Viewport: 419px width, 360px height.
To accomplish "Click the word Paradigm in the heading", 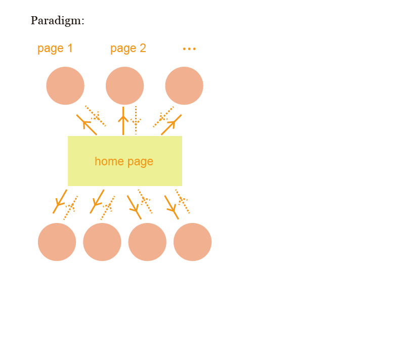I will pos(56,21).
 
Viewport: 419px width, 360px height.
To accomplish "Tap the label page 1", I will pos(55,49).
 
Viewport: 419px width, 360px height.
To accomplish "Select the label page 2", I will pos(128,49).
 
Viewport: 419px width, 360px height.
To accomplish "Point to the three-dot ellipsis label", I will pos(189,49).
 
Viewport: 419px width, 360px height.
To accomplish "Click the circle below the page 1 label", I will pos(65,86).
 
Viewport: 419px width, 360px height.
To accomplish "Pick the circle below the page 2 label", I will pos(124,86).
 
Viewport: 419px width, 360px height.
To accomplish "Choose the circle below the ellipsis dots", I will pos(184,86).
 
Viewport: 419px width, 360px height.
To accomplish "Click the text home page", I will pos(124,162).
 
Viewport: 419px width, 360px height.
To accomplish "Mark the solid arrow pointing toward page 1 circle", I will pos(87,124).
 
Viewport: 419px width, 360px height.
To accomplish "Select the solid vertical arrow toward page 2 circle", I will pos(123,121).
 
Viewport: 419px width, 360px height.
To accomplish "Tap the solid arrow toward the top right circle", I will pos(171,125).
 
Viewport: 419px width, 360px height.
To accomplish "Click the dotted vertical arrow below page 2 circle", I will pos(136,121).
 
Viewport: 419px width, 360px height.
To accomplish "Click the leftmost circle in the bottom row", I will pos(57,242).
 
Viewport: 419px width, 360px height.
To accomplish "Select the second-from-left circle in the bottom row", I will pos(102,242).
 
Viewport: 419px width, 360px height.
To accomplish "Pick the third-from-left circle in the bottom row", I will pos(147,242).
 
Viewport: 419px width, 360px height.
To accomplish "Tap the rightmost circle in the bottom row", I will pos(192,242).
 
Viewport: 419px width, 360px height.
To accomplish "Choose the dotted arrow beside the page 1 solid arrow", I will pos(95,116).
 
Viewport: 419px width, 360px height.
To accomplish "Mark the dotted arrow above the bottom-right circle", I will pos(182,201).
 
